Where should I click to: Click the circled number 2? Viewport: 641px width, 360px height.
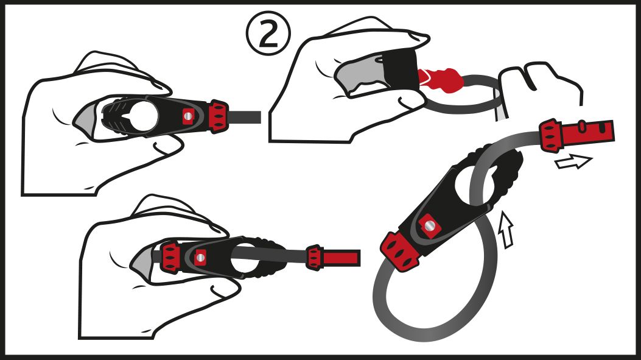click(x=268, y=34)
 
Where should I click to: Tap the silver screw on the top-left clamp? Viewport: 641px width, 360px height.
click(x=187, y=116)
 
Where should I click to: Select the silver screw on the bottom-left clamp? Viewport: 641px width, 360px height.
click(x=200, y=257)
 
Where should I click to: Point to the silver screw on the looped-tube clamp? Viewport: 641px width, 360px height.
click(x=429, y=225)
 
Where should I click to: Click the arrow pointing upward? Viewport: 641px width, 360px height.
click(x=506, y=230)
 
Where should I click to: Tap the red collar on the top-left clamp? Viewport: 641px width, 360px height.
click(x=219, y=116)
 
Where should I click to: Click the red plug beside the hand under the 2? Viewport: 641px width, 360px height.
click(x=441, y=79)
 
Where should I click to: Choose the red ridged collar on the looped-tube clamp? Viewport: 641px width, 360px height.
click(x=401, y=251)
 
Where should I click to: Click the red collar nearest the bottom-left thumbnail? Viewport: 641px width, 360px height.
click(x=170, y=257)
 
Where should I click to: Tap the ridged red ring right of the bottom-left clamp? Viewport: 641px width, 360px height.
click(x=314, y=258)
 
